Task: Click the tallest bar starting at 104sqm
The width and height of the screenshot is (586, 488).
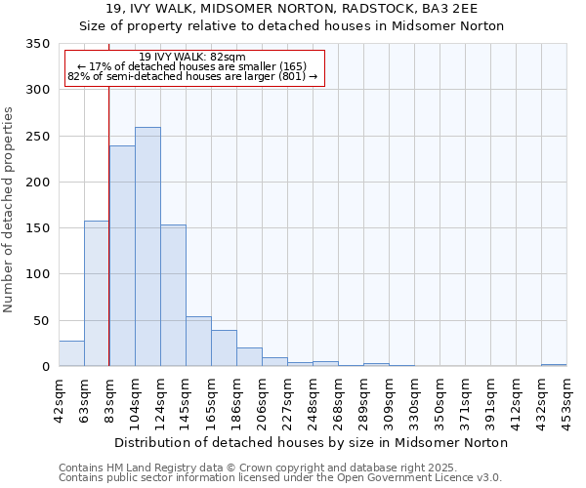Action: point(147,247)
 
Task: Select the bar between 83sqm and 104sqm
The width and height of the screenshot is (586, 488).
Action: point(122,256)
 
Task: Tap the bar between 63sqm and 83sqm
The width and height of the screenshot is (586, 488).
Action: point(97,293)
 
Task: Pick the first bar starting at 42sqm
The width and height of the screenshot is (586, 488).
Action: point(71,353)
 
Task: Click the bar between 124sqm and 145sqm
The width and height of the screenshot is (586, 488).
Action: point(173,296)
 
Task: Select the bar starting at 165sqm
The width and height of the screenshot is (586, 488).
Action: point(224,348)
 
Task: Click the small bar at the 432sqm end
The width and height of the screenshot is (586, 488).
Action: point(554,365)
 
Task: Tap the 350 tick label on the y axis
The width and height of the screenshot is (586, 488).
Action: point(37,44)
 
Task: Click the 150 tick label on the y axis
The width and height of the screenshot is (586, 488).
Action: point(37,228)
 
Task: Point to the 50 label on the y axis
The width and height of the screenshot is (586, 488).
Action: point(41,320)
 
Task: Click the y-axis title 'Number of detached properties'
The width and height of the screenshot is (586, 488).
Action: point(10,210)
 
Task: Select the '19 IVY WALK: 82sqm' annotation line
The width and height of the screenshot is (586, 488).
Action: point(192,57)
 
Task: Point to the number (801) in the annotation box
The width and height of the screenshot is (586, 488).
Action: point(291,76)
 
